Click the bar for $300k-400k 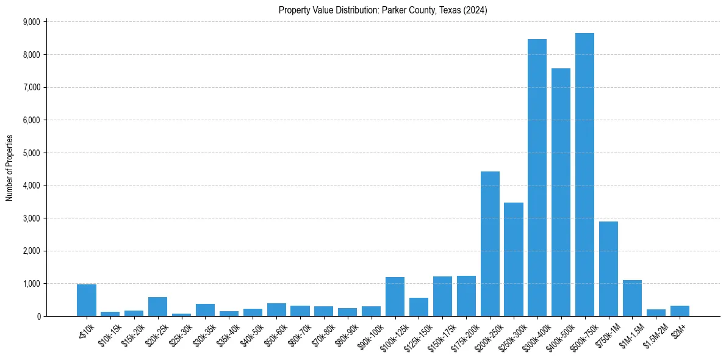537,178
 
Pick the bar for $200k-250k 490,244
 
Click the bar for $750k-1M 608,269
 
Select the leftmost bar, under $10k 87,300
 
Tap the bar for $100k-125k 395,297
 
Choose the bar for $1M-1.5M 632,298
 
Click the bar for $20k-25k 157,307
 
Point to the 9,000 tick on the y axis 31,22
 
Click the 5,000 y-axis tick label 31,153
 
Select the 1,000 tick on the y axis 31,284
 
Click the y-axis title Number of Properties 9,168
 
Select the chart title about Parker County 383,10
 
